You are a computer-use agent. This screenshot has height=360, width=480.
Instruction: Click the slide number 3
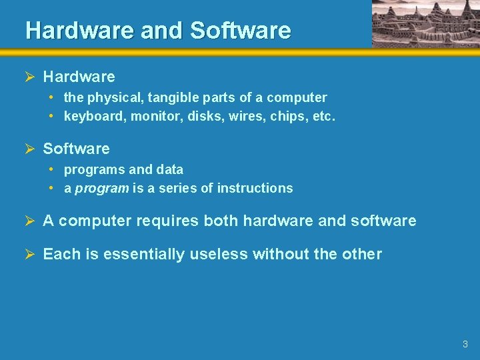click(465, 345)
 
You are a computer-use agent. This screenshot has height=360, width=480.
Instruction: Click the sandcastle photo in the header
click(425, 23)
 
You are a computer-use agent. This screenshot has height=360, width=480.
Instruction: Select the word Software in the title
click(241, 31)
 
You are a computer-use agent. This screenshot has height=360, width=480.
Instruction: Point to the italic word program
click(102, 189)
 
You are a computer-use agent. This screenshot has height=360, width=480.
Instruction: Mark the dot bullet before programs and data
click(51, 169)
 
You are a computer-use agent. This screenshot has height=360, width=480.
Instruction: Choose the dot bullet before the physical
click(51, 97)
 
